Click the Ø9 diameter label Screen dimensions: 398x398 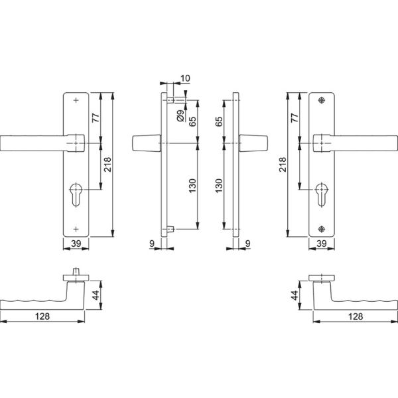[x=180, y=118]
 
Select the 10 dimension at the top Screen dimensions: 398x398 [x=184, y=79]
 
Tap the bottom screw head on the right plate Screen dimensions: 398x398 [x=322, y=229]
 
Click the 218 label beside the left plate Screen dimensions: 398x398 [x=107, y=165]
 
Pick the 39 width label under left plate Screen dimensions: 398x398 [x=76, y=244]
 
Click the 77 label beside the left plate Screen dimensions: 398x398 [x=94, y=118]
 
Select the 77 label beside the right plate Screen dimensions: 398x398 [x=295, y=118]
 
